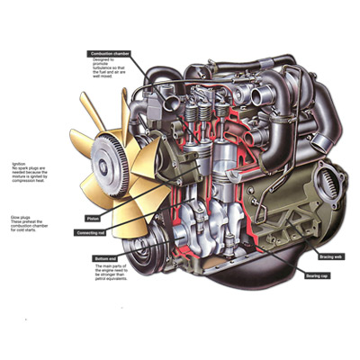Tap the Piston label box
(94, 218)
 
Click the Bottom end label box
(104, 258)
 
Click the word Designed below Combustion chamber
(103, 59)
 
